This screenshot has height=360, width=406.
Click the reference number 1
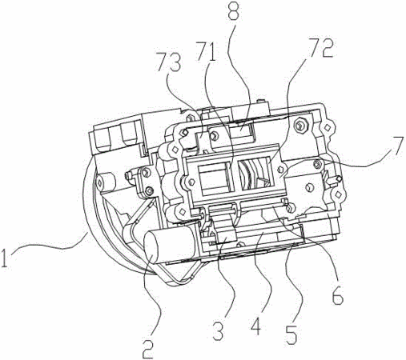point(5,258)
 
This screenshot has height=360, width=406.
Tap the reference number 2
point(148,348)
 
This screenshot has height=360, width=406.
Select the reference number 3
point(219,330)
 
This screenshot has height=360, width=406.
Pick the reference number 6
point(337,295)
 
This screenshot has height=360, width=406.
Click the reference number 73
point(169,62)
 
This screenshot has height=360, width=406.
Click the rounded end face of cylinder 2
point(151,248)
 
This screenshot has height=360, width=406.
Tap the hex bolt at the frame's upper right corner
point(299,125)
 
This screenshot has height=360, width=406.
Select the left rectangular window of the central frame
point(214,178)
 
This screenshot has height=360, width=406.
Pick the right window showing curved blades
point(255,174)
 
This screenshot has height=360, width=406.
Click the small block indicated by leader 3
point(227,237)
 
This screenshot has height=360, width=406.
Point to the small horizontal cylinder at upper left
point(106,182)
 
